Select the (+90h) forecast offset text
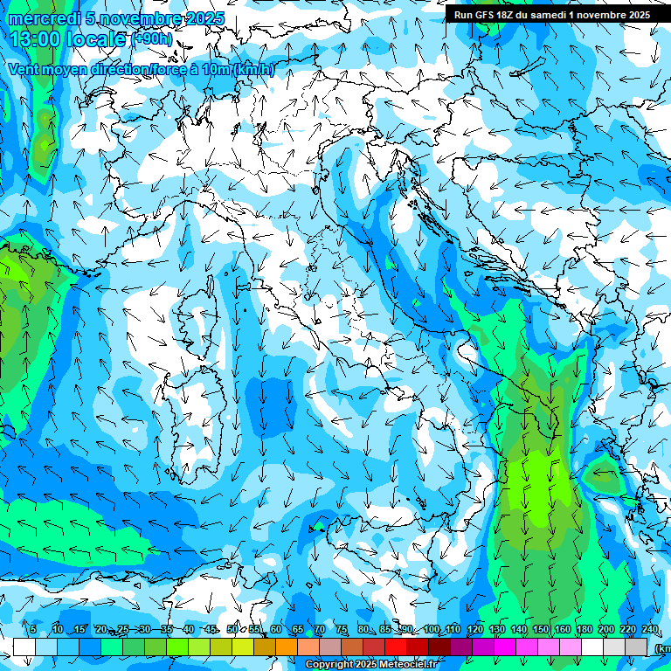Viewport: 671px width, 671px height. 153,39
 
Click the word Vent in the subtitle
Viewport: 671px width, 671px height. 24,70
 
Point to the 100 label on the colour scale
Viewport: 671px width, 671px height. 431,629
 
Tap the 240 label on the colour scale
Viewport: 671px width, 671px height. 649,629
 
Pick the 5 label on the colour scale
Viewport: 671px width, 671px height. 33,629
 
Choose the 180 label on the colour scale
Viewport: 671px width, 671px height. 584,629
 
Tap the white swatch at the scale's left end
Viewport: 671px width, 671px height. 24,647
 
